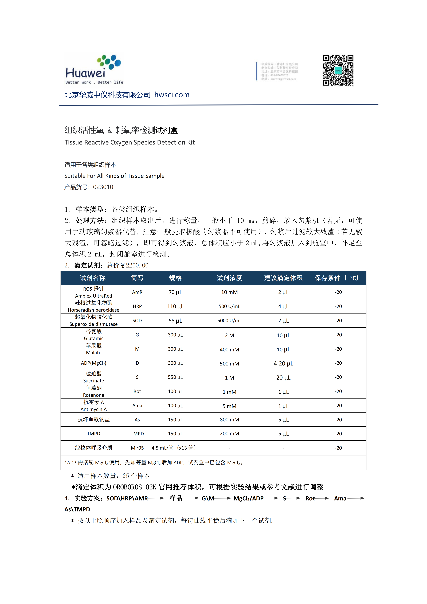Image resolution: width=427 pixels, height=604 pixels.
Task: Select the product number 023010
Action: point(103,187)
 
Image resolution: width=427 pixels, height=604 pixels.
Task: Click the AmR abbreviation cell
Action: point(137,292)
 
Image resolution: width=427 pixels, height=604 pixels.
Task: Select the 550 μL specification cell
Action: point(175,377)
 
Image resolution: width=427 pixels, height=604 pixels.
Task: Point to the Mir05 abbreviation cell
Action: point(137,448)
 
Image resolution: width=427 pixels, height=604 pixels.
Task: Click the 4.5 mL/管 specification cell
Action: point(174,448)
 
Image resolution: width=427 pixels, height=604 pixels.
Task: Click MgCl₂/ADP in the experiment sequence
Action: point(248,498)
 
